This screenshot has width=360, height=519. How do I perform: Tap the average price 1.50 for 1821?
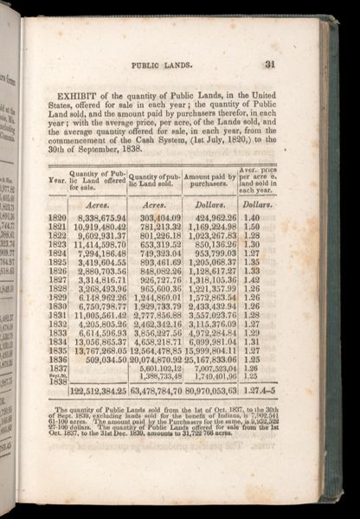[253, 227]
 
